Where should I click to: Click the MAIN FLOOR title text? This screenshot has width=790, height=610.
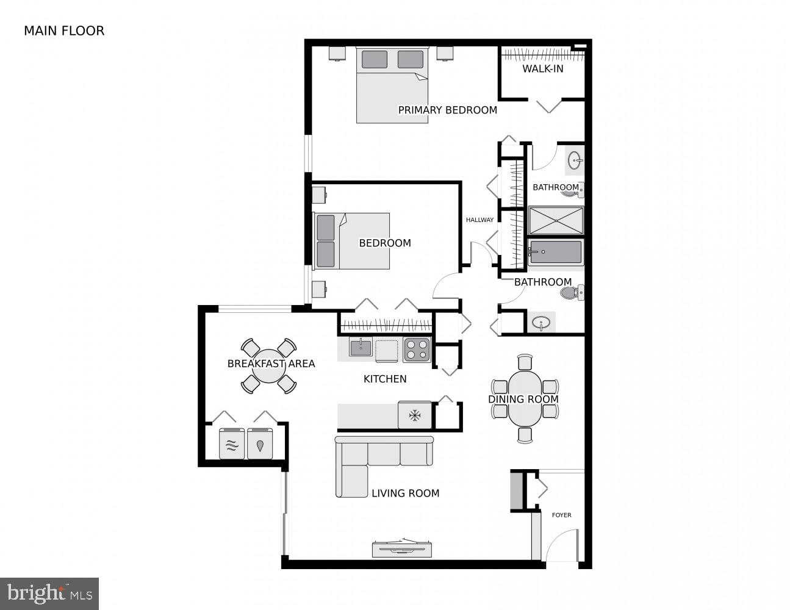pos(64,30)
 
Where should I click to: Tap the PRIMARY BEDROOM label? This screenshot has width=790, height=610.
pos(447,110)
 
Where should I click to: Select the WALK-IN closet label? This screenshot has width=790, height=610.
pos(542,68)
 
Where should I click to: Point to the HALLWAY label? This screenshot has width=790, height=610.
pos(479,220)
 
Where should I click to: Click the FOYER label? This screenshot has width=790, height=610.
pos(561,515)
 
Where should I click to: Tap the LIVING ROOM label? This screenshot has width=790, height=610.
pos(405,493)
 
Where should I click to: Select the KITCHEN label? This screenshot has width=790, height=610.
pos(384,379)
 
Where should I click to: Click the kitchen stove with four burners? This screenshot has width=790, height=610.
pos(417,350)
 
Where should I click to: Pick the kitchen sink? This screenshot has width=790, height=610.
pos(361,348)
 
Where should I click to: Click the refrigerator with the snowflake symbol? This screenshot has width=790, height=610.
pos(415,415)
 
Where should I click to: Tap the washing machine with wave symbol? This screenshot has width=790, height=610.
pos(232,444)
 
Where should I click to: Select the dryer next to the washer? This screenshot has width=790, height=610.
pos(261,444)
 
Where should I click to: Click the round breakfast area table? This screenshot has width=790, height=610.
pos(269,366)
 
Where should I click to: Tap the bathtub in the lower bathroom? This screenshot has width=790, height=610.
pos(555,252)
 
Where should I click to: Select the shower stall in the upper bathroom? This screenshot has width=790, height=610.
pos(555,221)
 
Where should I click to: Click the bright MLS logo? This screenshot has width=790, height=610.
pos(49,593)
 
